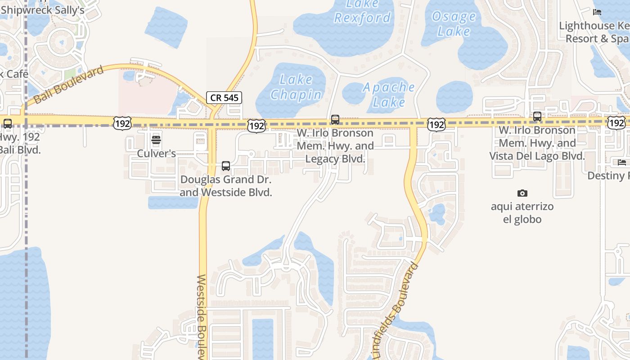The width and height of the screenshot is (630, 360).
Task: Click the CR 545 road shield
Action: click(x=224, y=97)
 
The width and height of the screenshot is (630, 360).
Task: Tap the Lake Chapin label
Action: click(x=296, y=87)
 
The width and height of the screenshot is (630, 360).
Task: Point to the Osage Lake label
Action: click(x=454, y=24)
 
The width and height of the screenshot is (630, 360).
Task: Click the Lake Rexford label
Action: click(x=363, y=11)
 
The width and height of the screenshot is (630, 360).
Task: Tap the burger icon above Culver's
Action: click(x=156, y=139)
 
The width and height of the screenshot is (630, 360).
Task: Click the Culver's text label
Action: click(x=156, y=153)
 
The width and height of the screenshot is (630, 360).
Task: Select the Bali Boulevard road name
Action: click(x=68, y=84)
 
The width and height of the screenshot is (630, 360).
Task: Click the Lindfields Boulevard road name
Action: click(x=396, y=310)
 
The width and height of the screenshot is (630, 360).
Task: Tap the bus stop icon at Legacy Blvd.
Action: click(x=335, y=119)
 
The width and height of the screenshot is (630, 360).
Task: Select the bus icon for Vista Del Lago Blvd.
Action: click(x=537, y=117)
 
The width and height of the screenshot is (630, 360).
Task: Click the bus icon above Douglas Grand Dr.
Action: click(x=226, y=166)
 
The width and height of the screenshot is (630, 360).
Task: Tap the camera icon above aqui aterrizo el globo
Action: click(x=522, y=193)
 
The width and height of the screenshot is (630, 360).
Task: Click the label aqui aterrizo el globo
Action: click(x=522, y=213)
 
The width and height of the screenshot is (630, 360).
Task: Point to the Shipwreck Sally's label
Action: click(x=43, y=10)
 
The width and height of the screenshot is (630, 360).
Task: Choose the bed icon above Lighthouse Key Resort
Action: click(x=597, y=12)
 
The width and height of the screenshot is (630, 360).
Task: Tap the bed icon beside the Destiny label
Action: click(x=622, y=162)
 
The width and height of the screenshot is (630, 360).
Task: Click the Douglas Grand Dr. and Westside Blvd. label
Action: click(x=226, y=186)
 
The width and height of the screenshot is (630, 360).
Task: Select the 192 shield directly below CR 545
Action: click(x=256, y=126)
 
